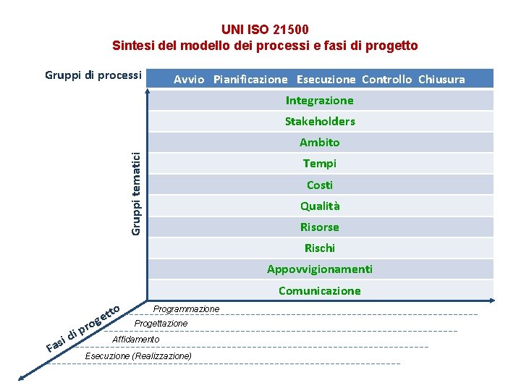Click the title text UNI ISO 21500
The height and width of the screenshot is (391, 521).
pos(265,30)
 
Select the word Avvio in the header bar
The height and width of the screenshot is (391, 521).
pos(189,80)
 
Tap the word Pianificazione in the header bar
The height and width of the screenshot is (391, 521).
pos(250,80)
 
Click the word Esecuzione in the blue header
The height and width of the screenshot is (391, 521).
pos(326,80)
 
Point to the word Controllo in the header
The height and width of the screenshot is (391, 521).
pos(386,80)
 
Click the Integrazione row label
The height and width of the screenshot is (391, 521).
pos(319,101)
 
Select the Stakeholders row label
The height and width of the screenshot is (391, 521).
pos(319,122)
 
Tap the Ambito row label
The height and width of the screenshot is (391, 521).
pos(319,143)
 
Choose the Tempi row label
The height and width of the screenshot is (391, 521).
pos(319,164)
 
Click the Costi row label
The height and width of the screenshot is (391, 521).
pos(319,185)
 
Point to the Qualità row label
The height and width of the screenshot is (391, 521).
pos(319,206)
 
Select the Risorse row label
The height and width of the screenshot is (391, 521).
pos(319,227)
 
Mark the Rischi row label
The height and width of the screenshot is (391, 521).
pos(319,248)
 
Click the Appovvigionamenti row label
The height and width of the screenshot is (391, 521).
pos(319,269)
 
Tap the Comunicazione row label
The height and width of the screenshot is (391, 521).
pos(319,291)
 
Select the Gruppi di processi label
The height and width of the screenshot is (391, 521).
pos(93,75)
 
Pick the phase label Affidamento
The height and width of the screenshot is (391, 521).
pos(136,340)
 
